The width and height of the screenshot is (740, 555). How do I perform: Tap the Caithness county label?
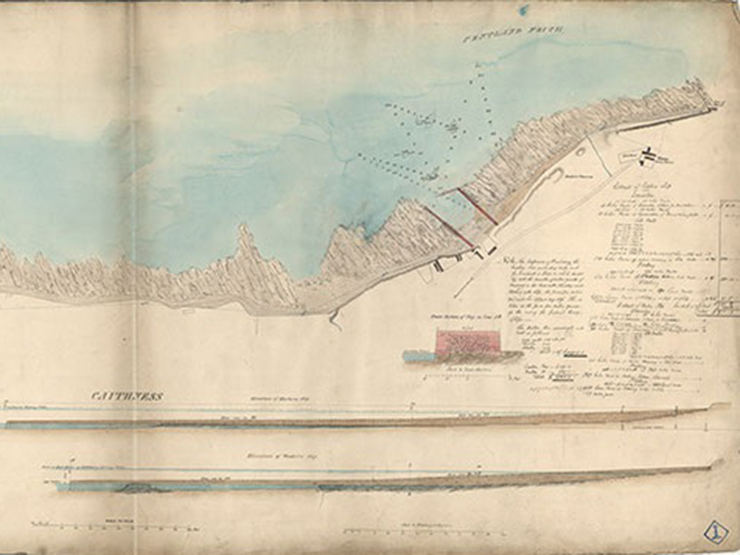click(127, 396)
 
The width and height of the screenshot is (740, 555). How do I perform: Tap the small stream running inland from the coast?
click(334, 319)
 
